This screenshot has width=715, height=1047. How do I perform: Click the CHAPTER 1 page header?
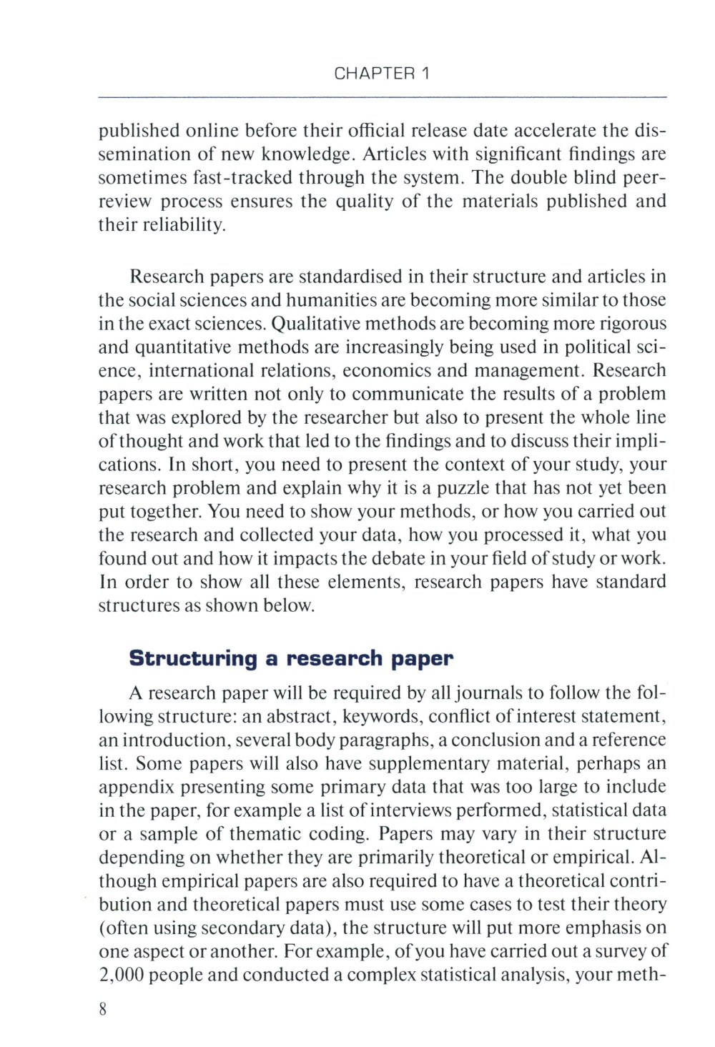[382, 74]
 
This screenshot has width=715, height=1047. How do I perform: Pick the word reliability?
[178, 226]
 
